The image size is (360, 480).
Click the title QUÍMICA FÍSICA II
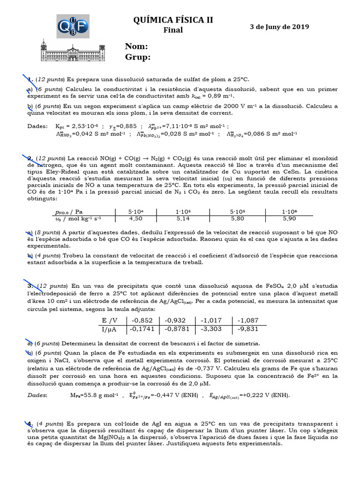[x=173, y=20]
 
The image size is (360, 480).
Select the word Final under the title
[x=173, y=30]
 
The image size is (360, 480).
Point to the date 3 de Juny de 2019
[x=279, y=27]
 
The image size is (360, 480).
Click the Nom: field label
[x=137, y=46]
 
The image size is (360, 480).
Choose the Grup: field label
[x=138, y=57]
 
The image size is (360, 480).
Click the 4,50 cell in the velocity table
[x=135, y=218]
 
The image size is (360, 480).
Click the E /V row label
[x=111, y=320]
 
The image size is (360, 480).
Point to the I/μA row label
[x=111, y=330]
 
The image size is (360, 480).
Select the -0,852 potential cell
[x=144, y=320]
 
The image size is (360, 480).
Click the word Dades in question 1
[x=38, y=126]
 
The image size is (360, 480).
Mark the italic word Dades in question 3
[x=37, y=395]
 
